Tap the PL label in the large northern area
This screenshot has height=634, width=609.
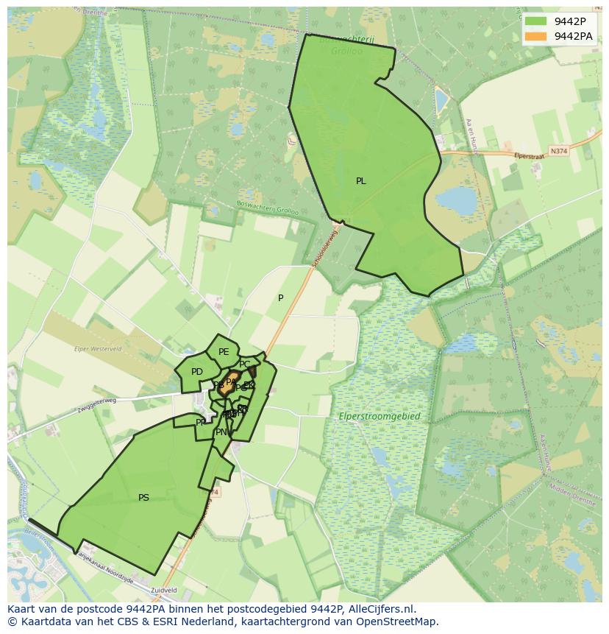(x=360, y=181)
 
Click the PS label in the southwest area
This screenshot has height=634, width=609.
(x=143, y=498)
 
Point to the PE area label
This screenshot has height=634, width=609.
(x=224, y=352)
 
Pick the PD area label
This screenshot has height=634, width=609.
(x=197, y=372)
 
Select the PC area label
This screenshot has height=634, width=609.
(x=245, y=364)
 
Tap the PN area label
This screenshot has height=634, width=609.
(x=221, y=432)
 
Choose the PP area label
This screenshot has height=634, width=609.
(x=201, y=423)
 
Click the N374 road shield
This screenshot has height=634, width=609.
(x=559, y=151)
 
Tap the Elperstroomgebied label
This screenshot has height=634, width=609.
(x=380, y=417)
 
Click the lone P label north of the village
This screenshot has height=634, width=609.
(x=280, y=298)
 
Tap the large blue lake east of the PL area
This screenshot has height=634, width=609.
(x=456, y=200)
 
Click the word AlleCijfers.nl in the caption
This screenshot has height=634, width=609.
(x=382, y=609)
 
